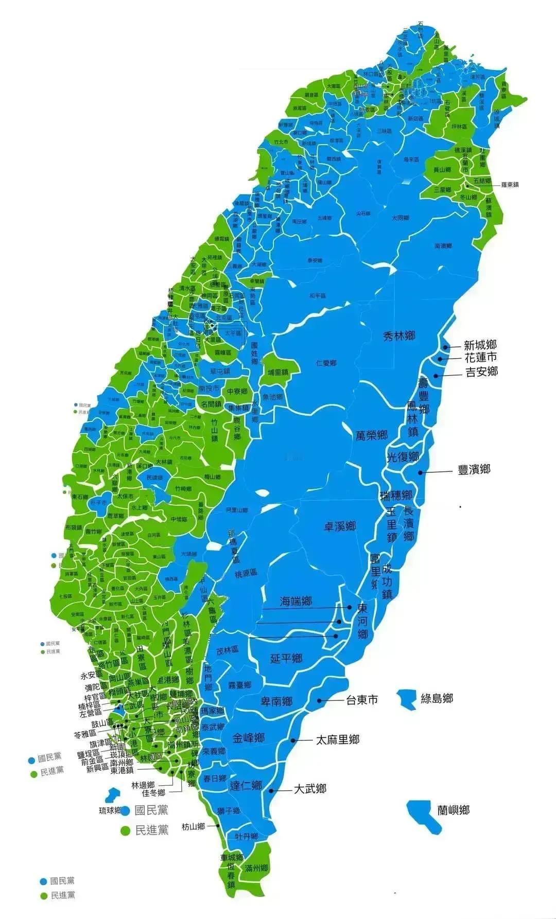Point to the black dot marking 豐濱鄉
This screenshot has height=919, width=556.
click(x=421, y=472)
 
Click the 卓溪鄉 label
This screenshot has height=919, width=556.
click(x=340, y=526)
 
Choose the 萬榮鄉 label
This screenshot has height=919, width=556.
click(x=371, y=435)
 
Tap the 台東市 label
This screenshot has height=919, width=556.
click(x=361, y=700)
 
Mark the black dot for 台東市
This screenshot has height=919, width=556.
click(x=320, y=700)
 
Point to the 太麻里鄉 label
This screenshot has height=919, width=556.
click(x=338, y=740)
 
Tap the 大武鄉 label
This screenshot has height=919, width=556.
click(x=310, y=788)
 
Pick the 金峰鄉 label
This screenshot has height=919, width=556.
click(x=248, y=737)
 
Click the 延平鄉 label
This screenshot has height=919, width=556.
click(x=286, y=658)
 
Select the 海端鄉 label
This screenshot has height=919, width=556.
click(x=296, y=600)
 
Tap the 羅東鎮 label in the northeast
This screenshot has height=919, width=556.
click(x=507, y=185)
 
